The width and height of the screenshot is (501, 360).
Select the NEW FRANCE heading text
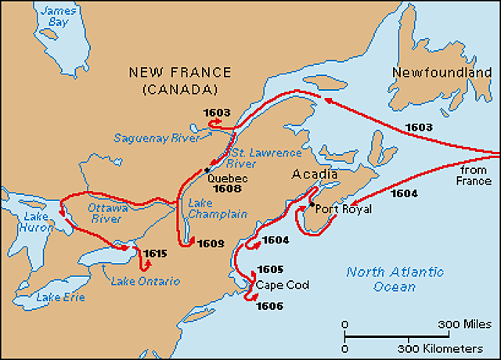coord(180,73)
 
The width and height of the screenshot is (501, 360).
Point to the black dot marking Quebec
coord(207,170)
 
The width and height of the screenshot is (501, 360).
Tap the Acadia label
coord(315,175)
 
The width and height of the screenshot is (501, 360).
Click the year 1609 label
coord(211,243)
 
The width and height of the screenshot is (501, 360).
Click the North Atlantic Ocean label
coord(395,279)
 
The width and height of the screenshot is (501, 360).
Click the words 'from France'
coord(474,175)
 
